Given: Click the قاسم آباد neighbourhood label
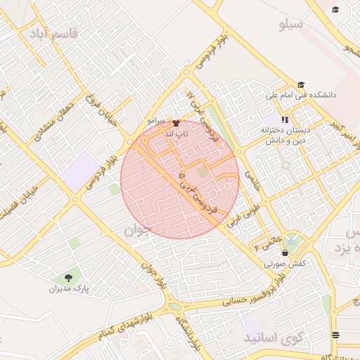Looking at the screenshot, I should click(49, 33).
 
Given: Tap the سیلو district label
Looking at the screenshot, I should click(290, 25).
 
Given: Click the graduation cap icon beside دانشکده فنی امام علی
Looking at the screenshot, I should click(301, 84).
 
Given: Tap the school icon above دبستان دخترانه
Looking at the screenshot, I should click(285, 119).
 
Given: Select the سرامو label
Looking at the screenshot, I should click(156, 121).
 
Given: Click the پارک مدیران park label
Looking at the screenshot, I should click(70, 289).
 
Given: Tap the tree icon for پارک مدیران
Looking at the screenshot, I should click(68, 278).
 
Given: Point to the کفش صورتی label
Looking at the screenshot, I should click(284, 264).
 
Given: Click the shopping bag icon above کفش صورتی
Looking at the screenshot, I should click(284, 253).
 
